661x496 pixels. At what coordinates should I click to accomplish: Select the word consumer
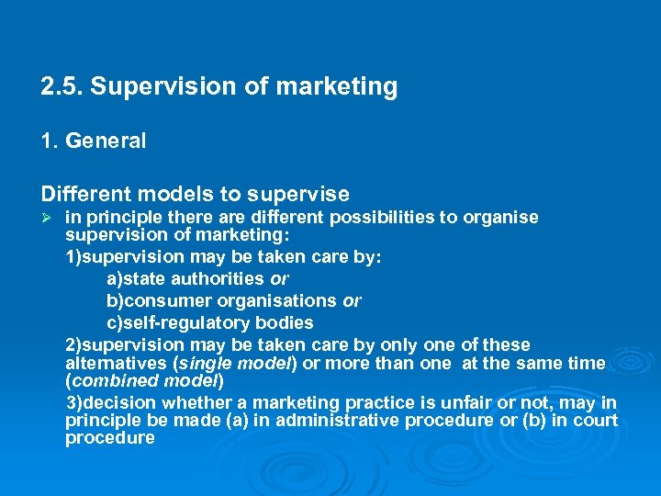click(x=166, y=300)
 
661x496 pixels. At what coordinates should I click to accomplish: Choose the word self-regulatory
click(x=184, y=322)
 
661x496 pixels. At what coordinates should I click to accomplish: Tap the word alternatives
click(x=109, y=363)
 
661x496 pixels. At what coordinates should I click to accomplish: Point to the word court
click(x=598, y=421)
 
